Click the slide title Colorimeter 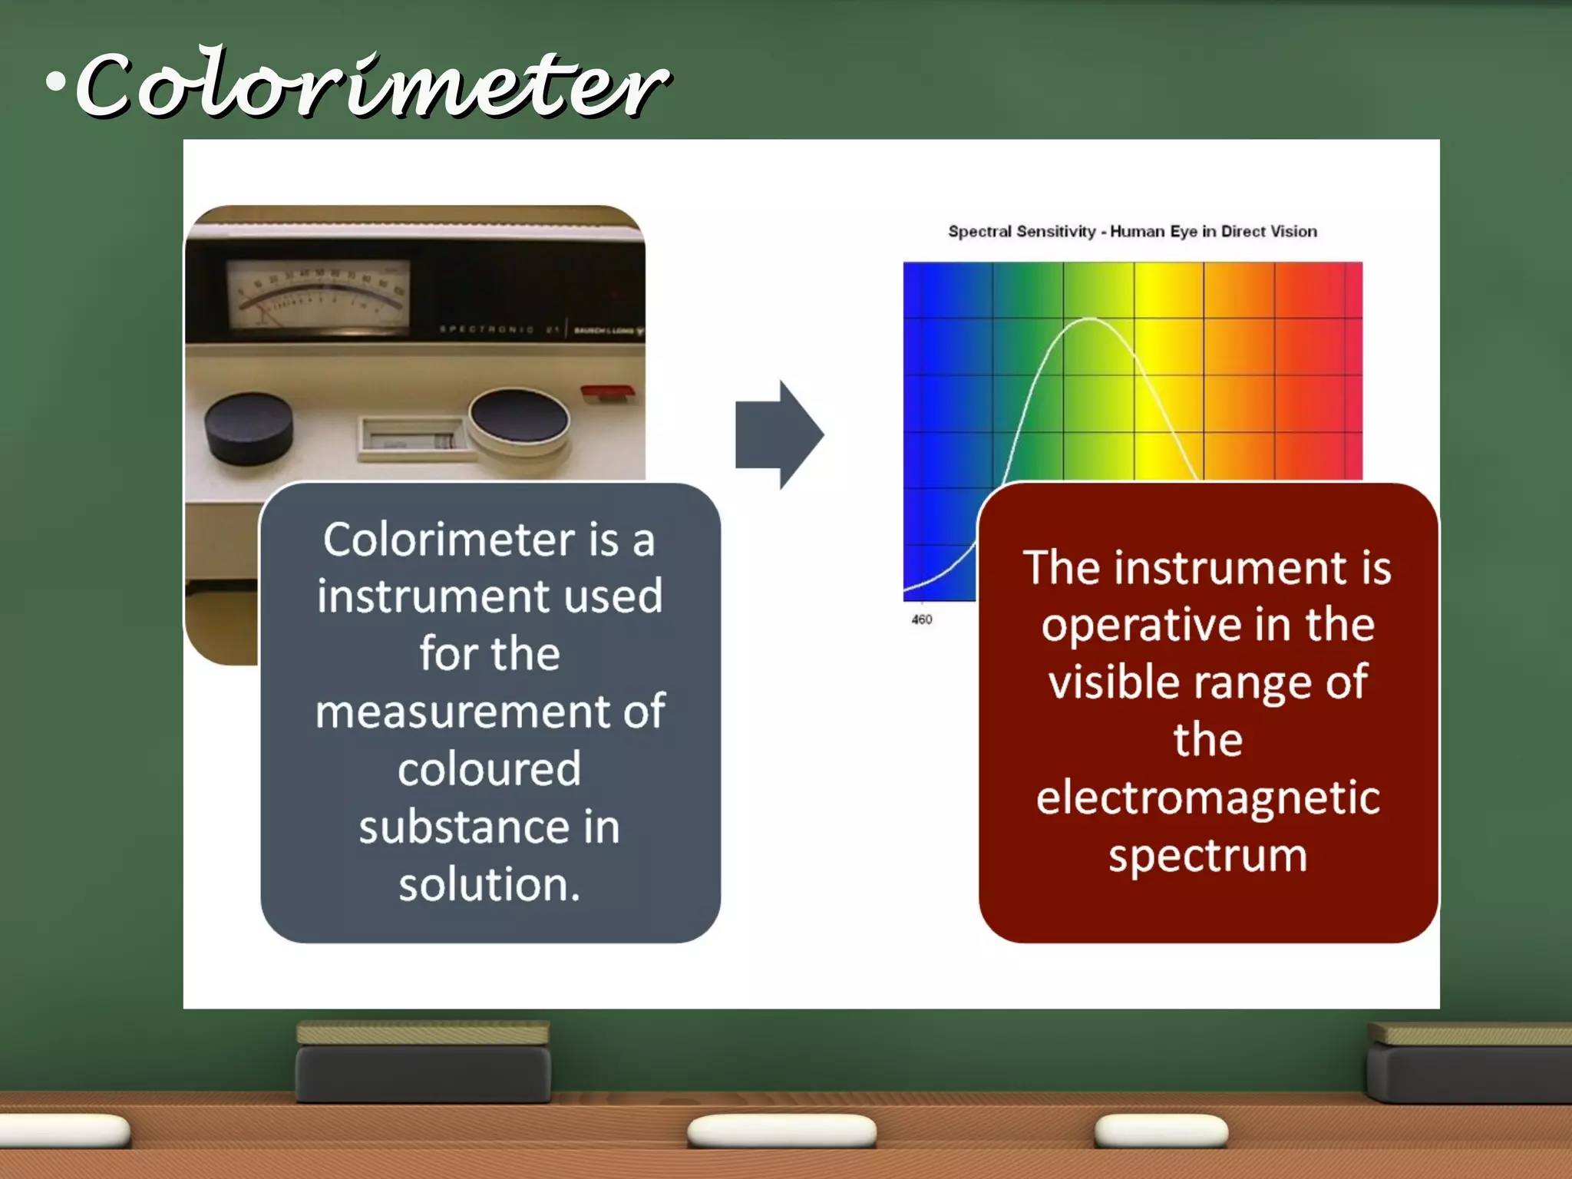[x=372, y=84]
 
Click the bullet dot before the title [x=55, y=81]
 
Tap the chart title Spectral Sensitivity [x=1132, y=231]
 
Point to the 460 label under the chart [x=921, y=619]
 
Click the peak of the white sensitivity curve [x=1090, y=319]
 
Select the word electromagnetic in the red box [x=1207, y=798]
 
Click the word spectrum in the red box [x=1207, y=856]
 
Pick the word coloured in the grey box [x=489, y=769]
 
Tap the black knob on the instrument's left [x=249, y=428]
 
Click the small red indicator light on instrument [x=607, y=392]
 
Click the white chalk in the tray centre [x=781, y=1131]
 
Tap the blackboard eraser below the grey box [x=423, y=1063]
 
